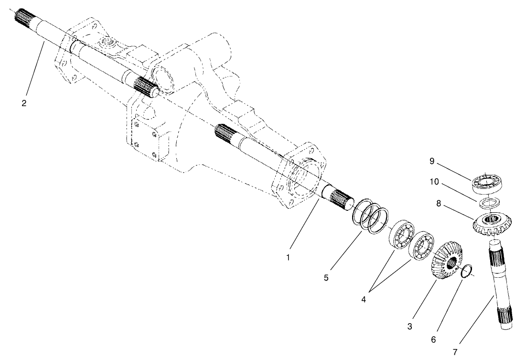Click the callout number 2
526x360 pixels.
(x=24, y=102)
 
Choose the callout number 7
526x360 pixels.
(x=455, y=352)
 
